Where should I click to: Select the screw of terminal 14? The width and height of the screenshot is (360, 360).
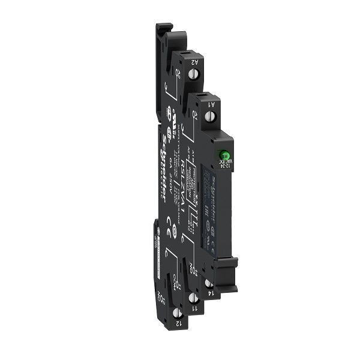point(208,282)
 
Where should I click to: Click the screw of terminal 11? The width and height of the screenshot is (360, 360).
point(193,298)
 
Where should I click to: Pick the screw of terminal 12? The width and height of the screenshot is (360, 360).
point(176,313)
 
